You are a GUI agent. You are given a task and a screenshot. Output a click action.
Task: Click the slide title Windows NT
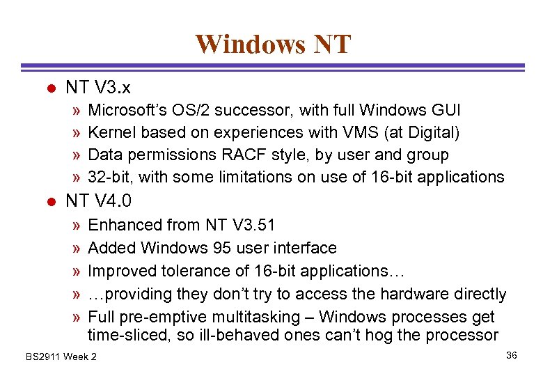pyautogui.click(x=273, y=44)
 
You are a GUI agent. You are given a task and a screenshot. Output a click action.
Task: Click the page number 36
pyautogui.click(x=512, y=356)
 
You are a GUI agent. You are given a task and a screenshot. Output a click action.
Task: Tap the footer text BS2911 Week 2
pyautogui.click(x=61, y=357)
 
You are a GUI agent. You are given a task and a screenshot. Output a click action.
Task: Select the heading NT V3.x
pyautogui.click(x=98, y=88)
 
